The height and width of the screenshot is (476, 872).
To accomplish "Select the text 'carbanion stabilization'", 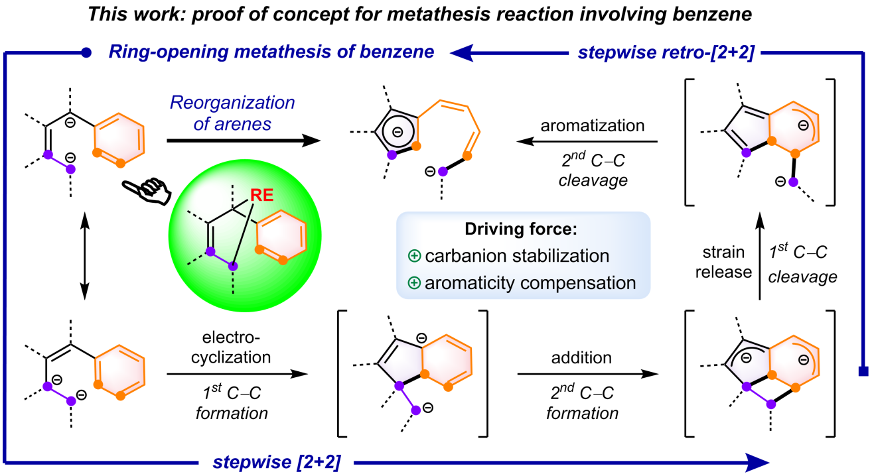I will [x=517, y=256].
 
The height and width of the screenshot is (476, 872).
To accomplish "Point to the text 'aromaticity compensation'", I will [x=530, y=283].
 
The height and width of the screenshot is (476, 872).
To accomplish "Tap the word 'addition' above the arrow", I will [x=581, y=358].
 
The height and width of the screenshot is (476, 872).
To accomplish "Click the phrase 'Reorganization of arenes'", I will [x=232, y=113].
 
